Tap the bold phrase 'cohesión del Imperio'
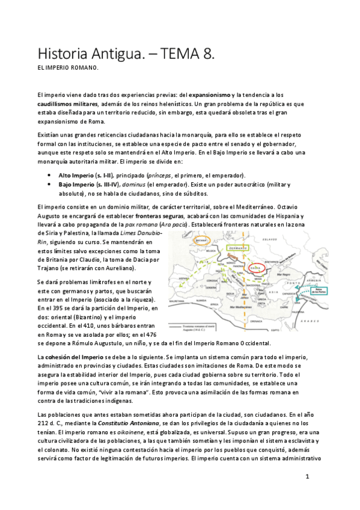70,358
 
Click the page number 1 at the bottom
307,476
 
